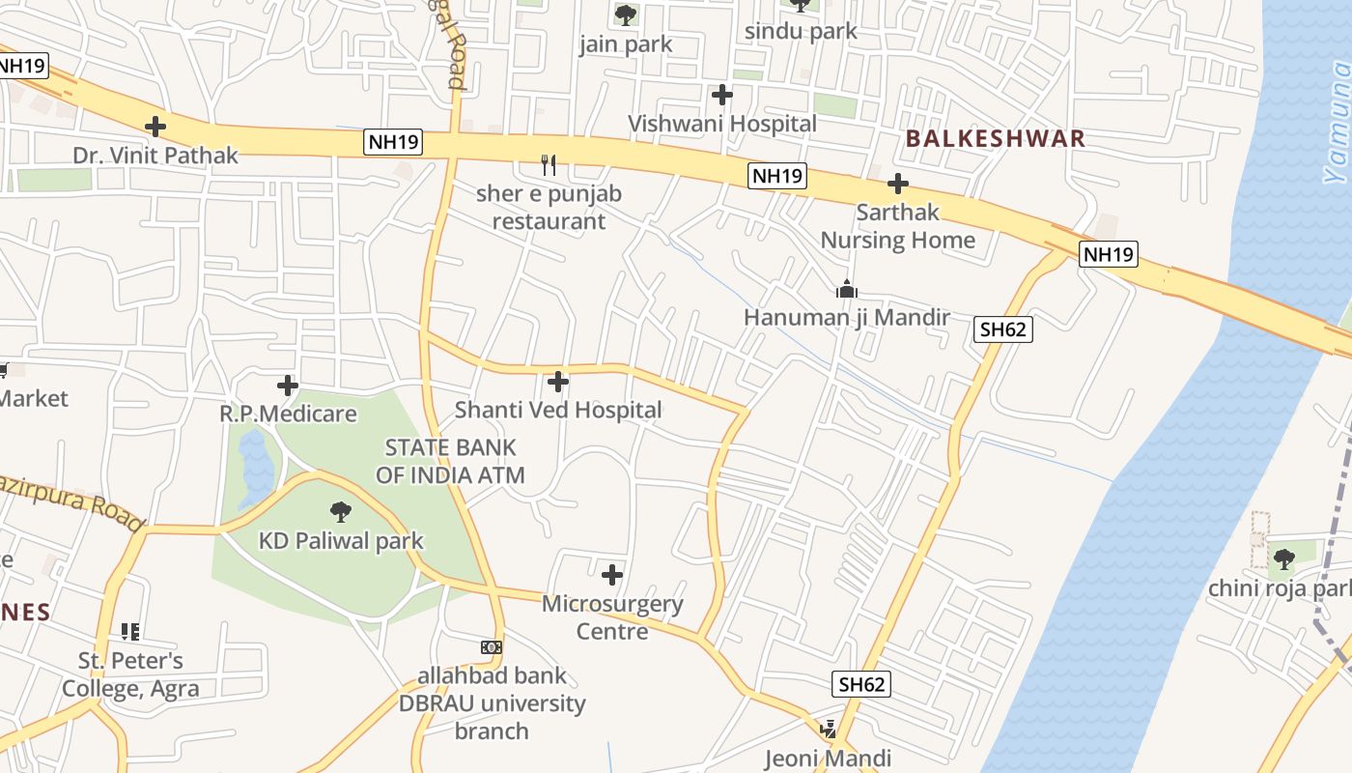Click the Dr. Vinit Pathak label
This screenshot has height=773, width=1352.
(x=155, y=155)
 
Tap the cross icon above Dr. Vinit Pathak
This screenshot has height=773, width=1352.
(x=155, y=127)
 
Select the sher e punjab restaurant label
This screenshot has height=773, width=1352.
(x=549, y=207)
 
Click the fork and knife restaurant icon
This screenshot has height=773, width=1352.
(x=549, y=165)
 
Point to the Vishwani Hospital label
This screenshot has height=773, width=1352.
(x=722, y=124)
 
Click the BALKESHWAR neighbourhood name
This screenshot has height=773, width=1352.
(x=996, y=139)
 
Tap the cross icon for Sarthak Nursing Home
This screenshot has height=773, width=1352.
(x=898, y=184)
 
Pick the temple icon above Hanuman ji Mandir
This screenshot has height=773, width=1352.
(x=847, y=289)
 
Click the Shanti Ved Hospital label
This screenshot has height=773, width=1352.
(x=558, y=410)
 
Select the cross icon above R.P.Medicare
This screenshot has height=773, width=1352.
(x=287, y=386)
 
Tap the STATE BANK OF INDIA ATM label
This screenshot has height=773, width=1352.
(x=451, y=461)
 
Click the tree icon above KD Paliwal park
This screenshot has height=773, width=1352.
(x=341, y=512)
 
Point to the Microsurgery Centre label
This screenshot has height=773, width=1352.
(x=612, y=617)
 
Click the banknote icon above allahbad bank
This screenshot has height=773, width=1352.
(x=492, y=646)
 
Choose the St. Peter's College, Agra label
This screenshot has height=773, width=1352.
(x=130, y=674)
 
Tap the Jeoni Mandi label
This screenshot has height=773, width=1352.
(x=828, y=759)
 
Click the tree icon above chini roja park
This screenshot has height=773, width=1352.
(x=1283, y=558)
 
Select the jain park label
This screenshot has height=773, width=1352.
(x=626, y=44)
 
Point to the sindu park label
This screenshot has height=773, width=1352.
(x=801, y=31)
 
